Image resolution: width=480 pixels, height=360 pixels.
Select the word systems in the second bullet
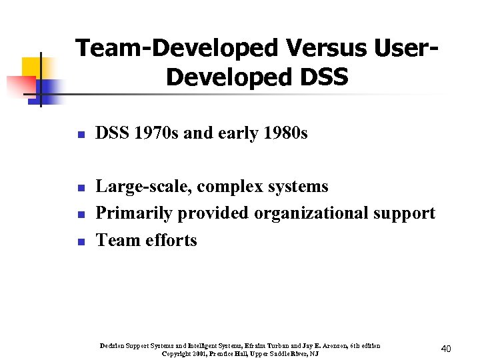301,187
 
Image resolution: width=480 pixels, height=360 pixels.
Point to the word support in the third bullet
404,214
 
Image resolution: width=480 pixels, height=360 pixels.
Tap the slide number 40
447,349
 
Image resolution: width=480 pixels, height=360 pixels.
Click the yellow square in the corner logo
31,67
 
